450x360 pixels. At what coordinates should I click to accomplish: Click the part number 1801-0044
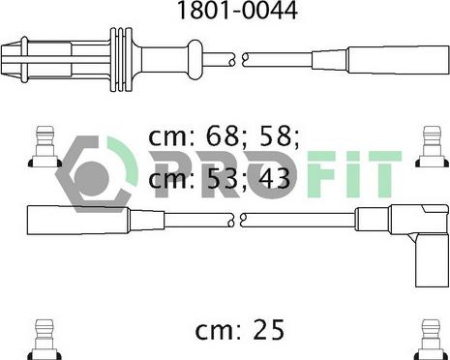coord(237,11)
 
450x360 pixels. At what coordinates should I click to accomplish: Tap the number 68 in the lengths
coord(223,136)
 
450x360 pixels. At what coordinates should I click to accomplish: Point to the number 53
coord(224,178)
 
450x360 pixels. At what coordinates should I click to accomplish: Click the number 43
coord(274,178)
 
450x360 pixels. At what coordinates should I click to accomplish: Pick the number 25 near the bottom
coord(268,329)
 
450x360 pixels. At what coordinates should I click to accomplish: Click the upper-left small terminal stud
coord(45,147)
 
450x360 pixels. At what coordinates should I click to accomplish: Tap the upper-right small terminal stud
coord(432,147)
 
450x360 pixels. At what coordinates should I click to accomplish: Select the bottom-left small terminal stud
coord(45,340)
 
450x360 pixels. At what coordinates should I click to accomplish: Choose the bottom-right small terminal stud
coord(432,340)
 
